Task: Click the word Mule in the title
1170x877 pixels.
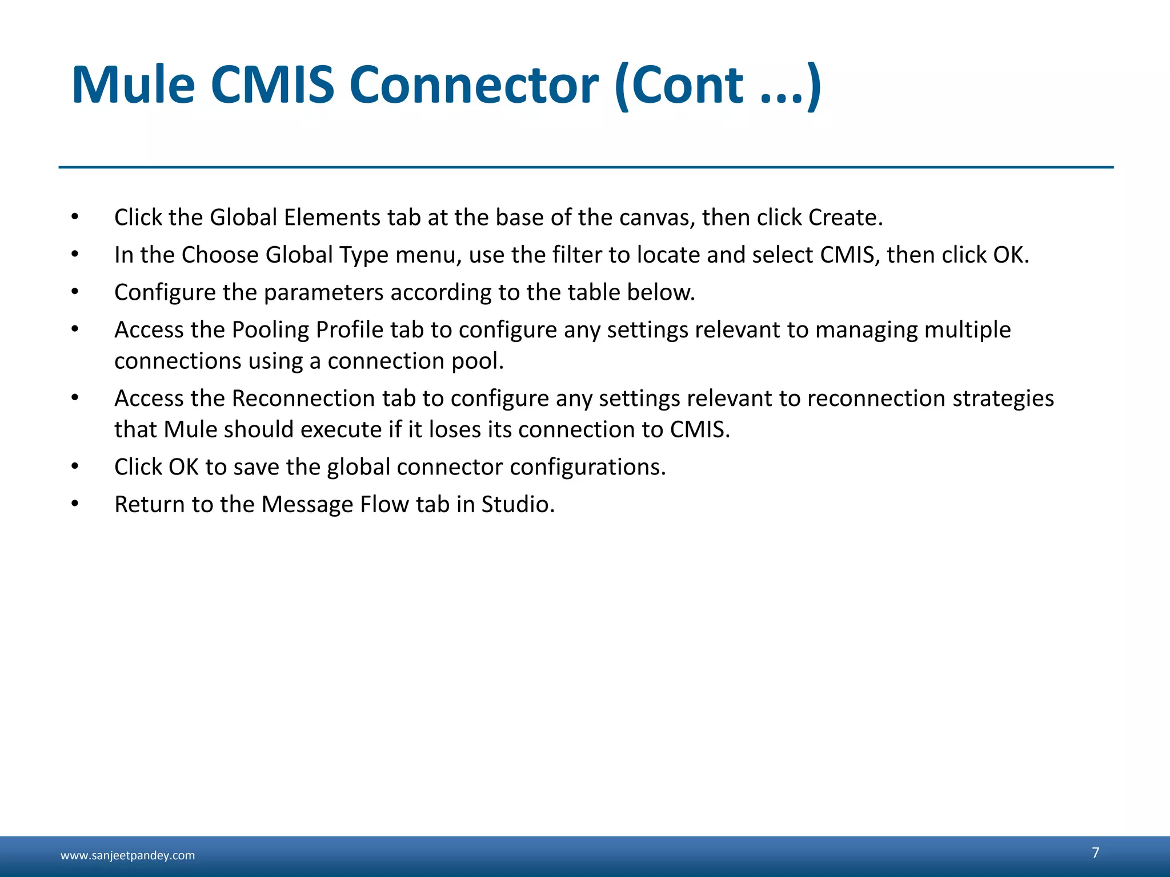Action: pos(133,86)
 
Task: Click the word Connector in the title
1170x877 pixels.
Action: pos(474,86)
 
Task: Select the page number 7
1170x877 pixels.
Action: pos(1095,852)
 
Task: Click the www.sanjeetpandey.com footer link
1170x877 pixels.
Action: pos(127,855)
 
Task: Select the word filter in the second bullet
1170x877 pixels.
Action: pos(576,255)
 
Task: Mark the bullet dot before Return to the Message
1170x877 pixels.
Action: pos(75,504)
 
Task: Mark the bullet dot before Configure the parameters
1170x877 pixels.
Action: pos(75,292)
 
